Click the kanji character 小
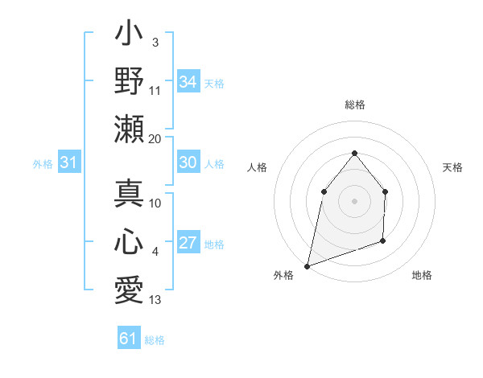pyautogui.click(x=130, y=36)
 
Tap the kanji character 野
pyautogui.click(x=130, y=81)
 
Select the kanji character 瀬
pyautogui.click(x=130, y=128)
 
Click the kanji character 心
pyautogui.click(x=130, y=241)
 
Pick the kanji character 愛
pyautogui.click(x=130, y=288)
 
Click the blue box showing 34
pyautogui.click(x=188, y=81)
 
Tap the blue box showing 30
pyautogui.click(x=188, y=162)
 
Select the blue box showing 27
pyautogui.click(x=188, y=244)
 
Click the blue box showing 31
pyautogui.click(x=68, y=162)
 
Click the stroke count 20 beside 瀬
pyautogui.click(x=155, y=139)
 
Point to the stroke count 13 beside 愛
pyautogui.click(x=155, y=300)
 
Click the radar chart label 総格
pyautogui.click(x=354, y=105)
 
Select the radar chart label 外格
pyautogui.click(x=283, y=275)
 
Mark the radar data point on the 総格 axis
pyautogui.click(x=354, y=153)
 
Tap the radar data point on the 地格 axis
pyautogui.click(x=383, y=240)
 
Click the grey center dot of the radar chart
pyautogui.click(x=354, y=200)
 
